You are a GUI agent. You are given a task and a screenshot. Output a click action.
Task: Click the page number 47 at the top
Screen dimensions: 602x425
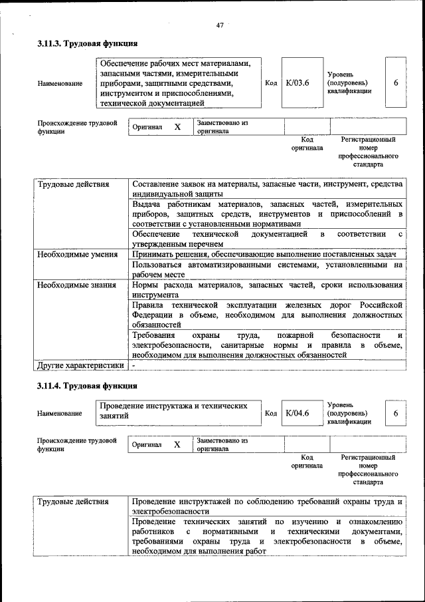pyautogui.click(x=220, y=25)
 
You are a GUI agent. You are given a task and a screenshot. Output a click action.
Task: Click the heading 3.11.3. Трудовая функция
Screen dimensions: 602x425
pyautogui.click(x=87, y=44)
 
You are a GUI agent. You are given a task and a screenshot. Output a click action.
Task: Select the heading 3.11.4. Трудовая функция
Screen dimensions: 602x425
pyautogui.click(x=87, y=386)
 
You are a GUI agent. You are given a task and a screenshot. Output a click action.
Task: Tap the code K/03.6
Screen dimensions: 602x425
pyautogui.click(x=297, y=83)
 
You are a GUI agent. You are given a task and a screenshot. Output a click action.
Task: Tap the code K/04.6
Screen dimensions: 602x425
pyautogui.click(x=297, y=413)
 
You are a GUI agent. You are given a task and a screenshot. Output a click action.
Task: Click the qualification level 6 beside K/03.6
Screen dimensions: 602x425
pyautogui.click(x=396, y=83)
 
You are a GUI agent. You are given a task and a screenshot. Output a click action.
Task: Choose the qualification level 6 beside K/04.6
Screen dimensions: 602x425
pyautogui.click(x=396, y=413)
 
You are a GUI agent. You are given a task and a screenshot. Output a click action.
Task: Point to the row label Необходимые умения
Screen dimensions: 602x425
pyautogui.click(x=78, y=255)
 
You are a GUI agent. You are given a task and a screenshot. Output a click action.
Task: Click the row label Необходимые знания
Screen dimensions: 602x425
pyautogui.click(x=77, y=285)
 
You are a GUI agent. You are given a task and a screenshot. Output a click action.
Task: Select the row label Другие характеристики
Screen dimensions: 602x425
pyautogui.click(x=81, y=365)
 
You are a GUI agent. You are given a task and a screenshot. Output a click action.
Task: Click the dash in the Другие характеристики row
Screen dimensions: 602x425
pyautogui.click(x=133, y=365)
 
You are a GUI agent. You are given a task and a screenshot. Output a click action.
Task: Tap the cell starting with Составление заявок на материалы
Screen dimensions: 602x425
pyautogui.click(x=267, y=188)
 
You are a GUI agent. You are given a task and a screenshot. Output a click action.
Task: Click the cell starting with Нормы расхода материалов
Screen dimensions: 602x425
pyautogui.click(x=267, y=289)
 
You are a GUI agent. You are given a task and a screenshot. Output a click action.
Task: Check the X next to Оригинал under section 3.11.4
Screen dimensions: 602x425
pyautogui.click(x=177, y=444)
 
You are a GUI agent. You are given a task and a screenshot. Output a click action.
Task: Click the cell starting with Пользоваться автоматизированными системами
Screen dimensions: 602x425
pyautogui.click(x=267, y=269)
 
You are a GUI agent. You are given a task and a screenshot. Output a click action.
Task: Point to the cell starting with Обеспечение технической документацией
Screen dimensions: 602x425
pyautogui.click(x=267, y=239)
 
